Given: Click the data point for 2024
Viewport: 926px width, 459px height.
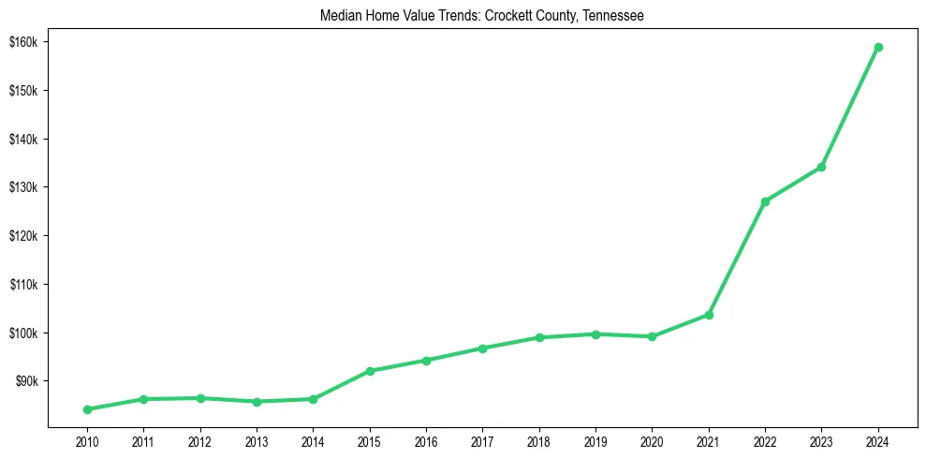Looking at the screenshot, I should point(878,47).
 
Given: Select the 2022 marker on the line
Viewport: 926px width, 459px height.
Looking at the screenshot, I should point(765,201).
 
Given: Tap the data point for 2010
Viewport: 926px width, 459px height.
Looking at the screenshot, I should point(87,409).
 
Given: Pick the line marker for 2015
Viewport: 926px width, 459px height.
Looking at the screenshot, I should point(370,371).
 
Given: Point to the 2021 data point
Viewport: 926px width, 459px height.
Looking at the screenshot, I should point(709,315).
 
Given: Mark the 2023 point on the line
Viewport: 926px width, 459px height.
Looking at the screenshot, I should point(821,167).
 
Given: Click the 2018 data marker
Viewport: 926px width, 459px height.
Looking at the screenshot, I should point(539,337).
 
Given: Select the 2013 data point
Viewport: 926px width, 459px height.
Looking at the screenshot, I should point(257,402).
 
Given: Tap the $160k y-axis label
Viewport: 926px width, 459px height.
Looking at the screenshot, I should point(23,42).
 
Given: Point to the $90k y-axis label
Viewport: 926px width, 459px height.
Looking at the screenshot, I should point(26,381).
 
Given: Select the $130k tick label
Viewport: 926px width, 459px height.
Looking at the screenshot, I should point(23,187).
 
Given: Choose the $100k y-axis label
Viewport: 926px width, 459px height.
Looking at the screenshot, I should point(23,333).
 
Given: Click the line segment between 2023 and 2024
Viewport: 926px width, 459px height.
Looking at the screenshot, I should point(850,107).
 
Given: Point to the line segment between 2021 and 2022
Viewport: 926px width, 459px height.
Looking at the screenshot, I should point(737,259).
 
